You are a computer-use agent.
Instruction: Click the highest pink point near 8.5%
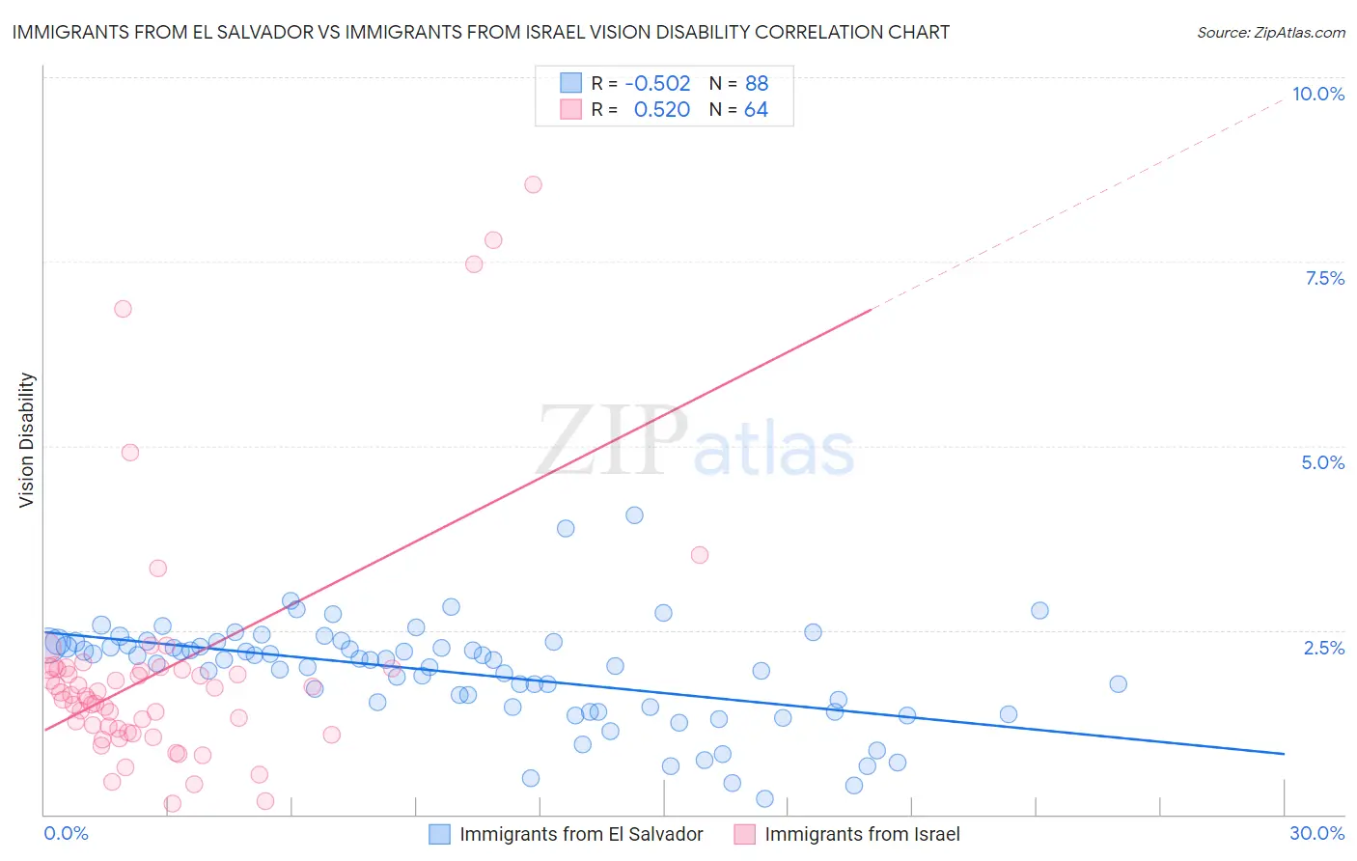point(533,184)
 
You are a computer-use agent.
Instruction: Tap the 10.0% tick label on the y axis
point(1317,94)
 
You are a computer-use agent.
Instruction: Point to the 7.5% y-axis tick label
point(1324,278)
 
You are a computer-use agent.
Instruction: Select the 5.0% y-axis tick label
point(1322,462)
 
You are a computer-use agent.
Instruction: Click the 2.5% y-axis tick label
point(1323,648)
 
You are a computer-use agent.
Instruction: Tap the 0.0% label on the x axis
point(66,833)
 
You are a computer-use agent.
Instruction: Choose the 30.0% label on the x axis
point(1316,833)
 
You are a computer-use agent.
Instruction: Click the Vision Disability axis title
point(27,439)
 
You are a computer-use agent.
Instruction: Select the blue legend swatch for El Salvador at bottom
point(439,834)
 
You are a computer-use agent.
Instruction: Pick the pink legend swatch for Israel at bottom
point(744,834)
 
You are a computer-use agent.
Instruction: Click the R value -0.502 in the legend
point(657,83)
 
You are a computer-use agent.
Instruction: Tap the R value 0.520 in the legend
point(661,110)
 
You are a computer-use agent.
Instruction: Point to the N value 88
point(757,83)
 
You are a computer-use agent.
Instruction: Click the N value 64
point(756,110)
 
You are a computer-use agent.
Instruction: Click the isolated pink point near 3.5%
point(700,555)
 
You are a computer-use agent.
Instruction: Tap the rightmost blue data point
point(1118,683)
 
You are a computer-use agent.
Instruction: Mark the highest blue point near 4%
point(634,515)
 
